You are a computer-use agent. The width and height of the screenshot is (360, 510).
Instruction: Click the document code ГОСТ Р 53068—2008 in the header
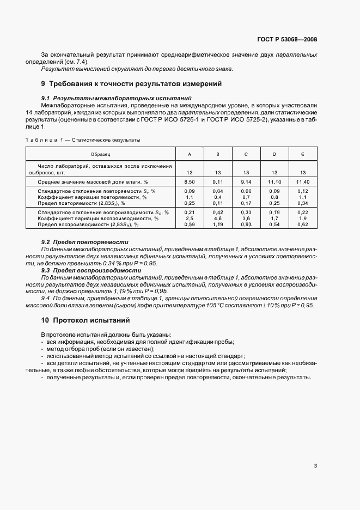[286, 40]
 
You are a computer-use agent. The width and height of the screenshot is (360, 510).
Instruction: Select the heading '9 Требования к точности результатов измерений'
[131, 84]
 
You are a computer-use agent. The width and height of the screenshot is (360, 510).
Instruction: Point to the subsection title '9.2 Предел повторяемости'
[85, 242]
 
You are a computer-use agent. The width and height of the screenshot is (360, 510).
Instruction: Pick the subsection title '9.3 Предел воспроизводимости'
[91, 270]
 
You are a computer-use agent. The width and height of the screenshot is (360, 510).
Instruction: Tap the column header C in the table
[246, 155]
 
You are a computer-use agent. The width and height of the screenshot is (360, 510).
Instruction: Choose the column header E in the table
[303, 155]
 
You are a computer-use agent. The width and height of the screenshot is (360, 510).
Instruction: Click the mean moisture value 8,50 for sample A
[189, 181]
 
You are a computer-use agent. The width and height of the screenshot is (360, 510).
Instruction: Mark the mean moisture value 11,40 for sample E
[303, 181]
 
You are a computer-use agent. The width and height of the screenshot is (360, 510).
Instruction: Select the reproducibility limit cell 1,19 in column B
[218, 224]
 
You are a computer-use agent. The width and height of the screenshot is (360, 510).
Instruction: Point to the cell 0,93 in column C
[246, 224]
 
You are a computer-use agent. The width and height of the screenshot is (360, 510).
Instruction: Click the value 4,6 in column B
[218, 218]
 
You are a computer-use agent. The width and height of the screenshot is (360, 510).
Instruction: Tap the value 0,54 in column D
[274, 224]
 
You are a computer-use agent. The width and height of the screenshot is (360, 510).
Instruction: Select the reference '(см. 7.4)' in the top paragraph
[77, 62]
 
